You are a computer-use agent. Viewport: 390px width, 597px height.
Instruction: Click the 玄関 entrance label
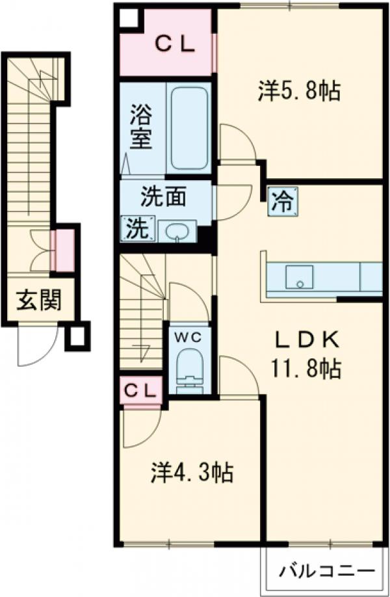pos(39,300)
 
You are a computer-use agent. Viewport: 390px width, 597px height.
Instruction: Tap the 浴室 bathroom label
pos(140,127)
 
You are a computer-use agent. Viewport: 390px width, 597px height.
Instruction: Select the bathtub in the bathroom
pos(188,128)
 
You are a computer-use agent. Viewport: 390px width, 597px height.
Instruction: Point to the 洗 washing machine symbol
pos(136,228)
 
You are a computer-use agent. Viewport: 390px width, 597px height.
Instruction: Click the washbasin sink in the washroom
pos(176,231)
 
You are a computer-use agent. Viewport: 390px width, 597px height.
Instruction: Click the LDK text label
pos(305,340)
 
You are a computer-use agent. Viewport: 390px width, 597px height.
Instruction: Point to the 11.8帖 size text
pos(304,370)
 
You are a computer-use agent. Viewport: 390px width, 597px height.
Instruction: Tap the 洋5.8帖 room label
pos(298,92)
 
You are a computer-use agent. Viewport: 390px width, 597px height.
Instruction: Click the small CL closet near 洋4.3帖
pos(140,391)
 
